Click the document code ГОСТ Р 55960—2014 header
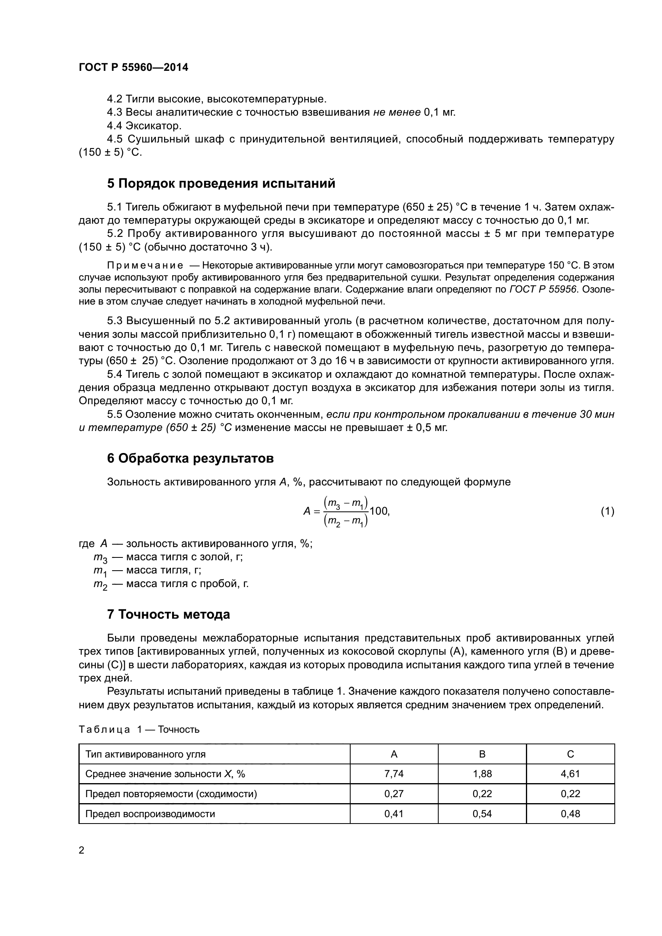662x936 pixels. click(x=133, y=68)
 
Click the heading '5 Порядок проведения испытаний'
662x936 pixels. click(x=221, y=183)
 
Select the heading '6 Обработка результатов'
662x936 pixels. click(x=190, y=458)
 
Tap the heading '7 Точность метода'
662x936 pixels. click(x=169, y=614)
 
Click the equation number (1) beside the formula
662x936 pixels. click(x=607, y=511)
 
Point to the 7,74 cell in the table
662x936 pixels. click(x=394, y=774)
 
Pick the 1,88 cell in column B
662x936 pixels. click(x=482, y=774)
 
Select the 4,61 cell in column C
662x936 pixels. click(x=570, y=774)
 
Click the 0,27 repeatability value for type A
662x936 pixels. click(x=394, y=794)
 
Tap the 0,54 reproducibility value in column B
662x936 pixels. click(x=482, y=814)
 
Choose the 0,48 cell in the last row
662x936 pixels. click(x=570, y=814)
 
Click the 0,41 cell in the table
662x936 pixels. click(x=394, y=814)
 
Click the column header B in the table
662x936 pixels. click(x=482, y=754)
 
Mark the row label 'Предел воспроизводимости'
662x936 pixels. click(x=150, y=814)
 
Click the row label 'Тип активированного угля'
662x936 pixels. click(x=146, y=754)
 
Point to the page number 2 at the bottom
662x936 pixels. click(x=82, y=850)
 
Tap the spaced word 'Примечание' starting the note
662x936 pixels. click(x=145, y=266)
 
